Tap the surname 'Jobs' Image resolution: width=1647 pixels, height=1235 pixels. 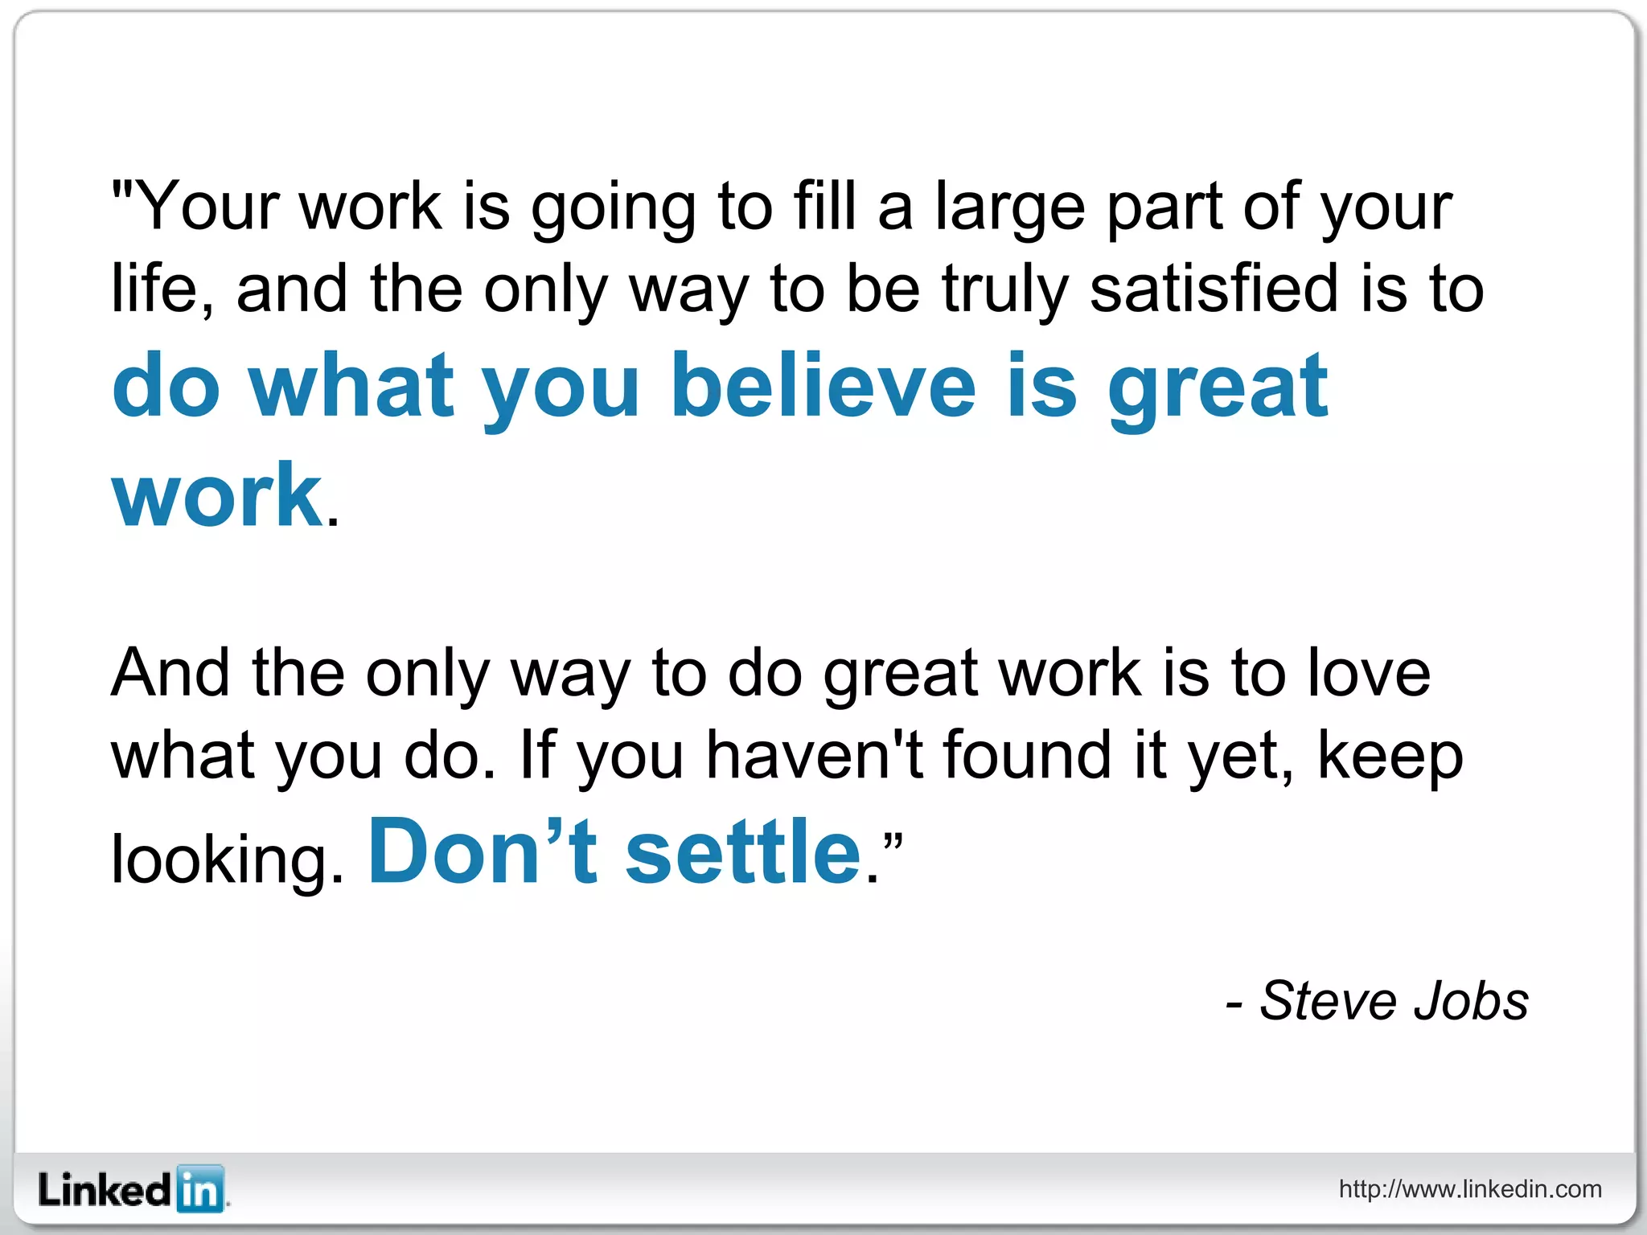pos(1471,1001)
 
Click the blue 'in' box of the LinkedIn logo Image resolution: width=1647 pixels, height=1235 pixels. pos(199,1188)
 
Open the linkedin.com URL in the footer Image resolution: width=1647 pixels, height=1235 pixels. pos(1470,1189)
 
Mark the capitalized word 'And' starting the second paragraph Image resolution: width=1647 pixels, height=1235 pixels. pos(170,673)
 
